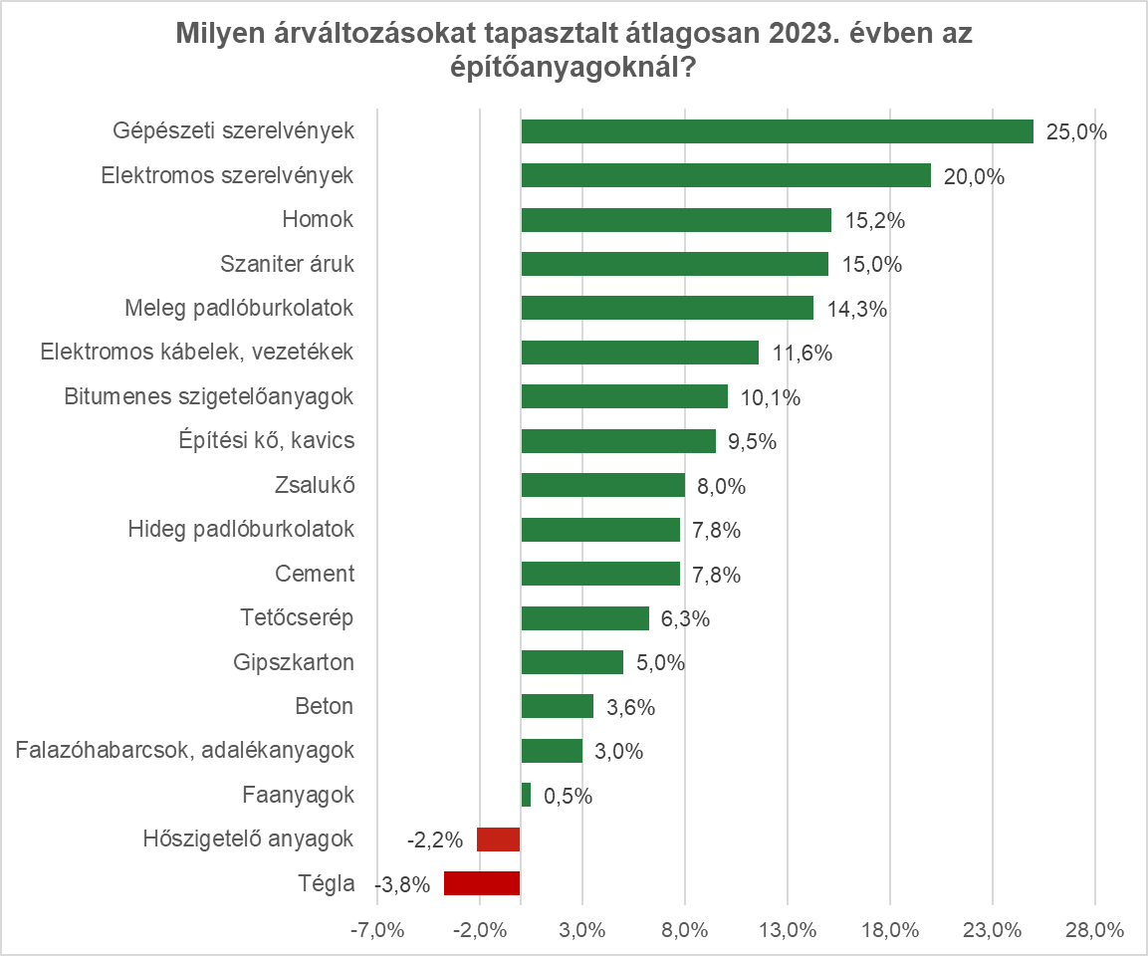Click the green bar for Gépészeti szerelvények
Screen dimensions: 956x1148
click(x=777, y=131)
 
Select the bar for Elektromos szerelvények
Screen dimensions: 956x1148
click(x=726, y=175)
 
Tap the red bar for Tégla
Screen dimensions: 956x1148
click(x=482, y=883)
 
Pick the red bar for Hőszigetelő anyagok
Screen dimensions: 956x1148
click(x=498, y=839)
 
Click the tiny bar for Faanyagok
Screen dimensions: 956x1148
click(x=526, y=795)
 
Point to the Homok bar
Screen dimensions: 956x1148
click(x=676, y=220)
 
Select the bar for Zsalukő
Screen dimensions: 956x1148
click(x=603, y=485)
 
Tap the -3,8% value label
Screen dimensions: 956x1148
click(x=402, y=884)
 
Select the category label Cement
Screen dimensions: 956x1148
click(x=315, y=574)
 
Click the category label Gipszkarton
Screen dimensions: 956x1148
click(x=294, y=662)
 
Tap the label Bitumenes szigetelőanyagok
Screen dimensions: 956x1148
click(x=209, y=396)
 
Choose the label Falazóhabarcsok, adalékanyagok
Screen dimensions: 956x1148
click(x=185, y=750)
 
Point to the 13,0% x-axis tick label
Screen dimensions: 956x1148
click(x=788, y=931)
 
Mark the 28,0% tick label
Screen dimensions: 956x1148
click(x=1095, y=931)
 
